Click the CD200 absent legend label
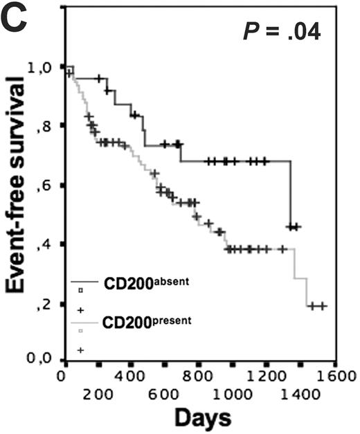click(147, 283)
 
